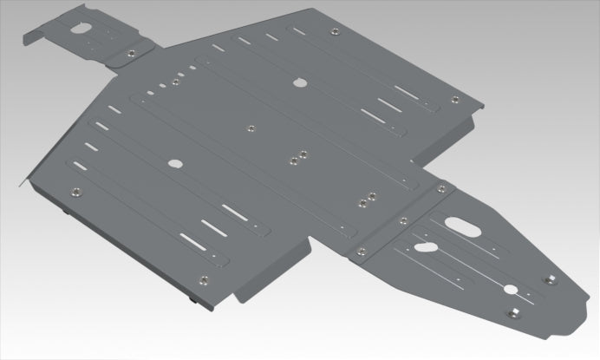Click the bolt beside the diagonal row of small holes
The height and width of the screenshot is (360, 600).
[175, 81]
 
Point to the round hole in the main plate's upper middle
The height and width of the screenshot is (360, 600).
[301, 84]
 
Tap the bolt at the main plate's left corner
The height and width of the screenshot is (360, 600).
[74, 192]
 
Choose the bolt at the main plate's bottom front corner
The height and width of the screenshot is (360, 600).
[204, 280]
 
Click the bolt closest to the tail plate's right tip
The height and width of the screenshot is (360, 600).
[549, 280]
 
